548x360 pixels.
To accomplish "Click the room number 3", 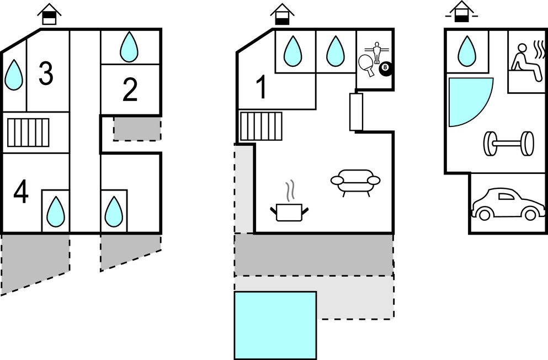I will [46, 74].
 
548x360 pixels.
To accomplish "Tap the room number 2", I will [130, 90].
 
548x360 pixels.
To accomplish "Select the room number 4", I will [21, 193].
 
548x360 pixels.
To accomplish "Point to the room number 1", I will [262, 88].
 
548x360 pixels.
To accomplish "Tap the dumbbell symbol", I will [508, 144].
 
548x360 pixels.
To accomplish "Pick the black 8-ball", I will [385, 69].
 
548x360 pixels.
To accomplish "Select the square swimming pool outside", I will [275, 326].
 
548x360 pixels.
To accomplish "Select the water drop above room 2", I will [130, 47].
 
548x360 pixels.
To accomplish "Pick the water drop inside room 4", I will [55, 211].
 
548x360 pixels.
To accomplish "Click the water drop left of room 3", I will [14, 75].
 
